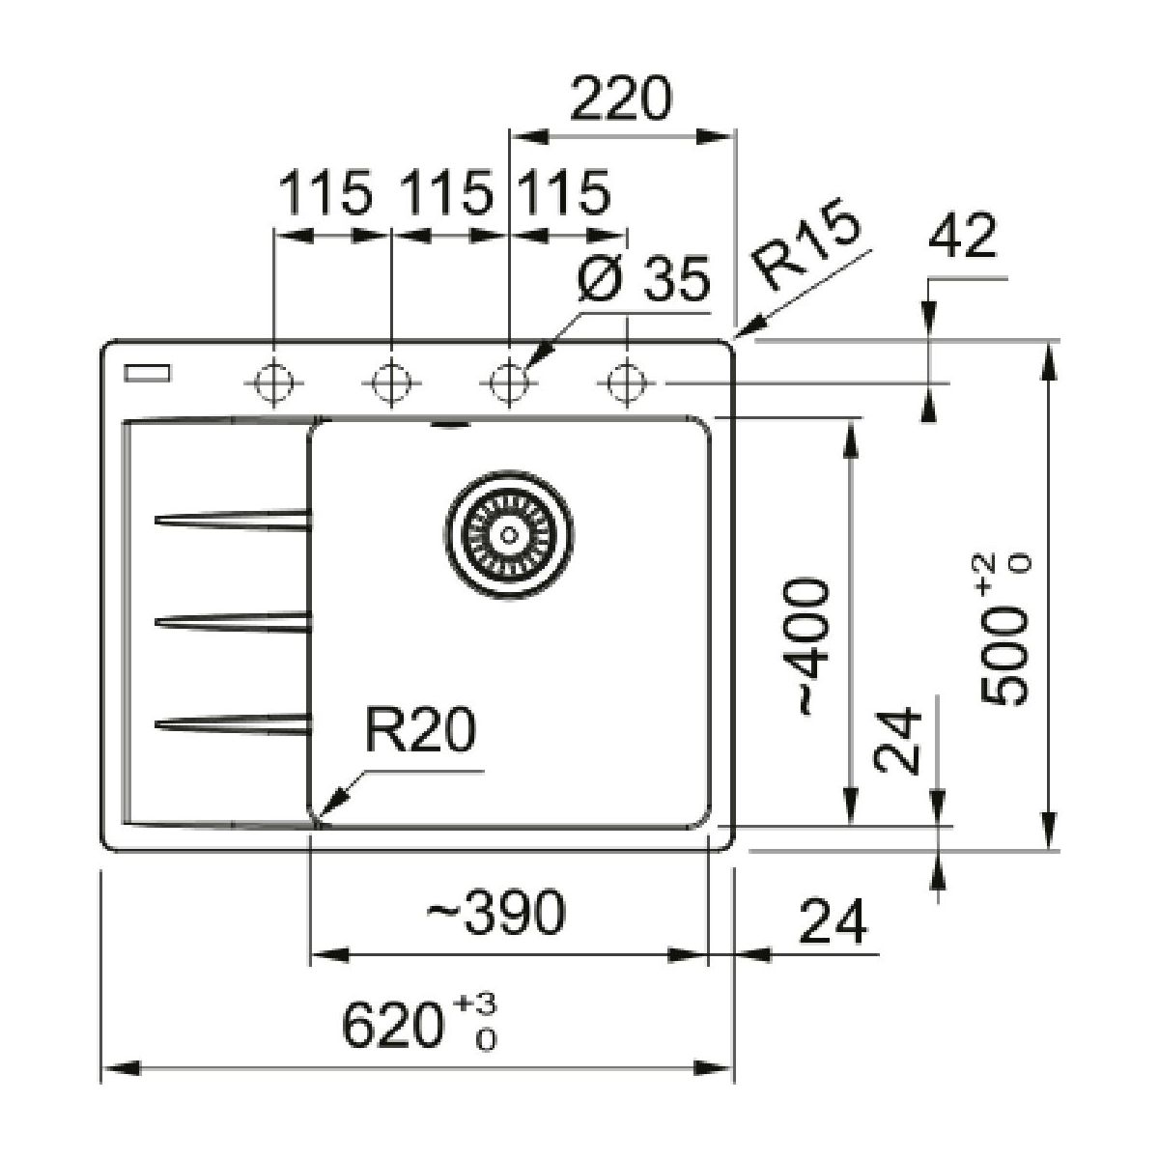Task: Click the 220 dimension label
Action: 619,100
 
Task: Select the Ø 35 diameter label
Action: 643,280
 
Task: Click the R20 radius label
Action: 420,731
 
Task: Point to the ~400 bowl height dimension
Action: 809,647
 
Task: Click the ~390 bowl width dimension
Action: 494,913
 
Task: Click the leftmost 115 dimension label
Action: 325,193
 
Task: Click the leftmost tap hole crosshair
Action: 275,382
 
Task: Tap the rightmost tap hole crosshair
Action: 626,382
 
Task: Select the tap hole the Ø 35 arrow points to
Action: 508,382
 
